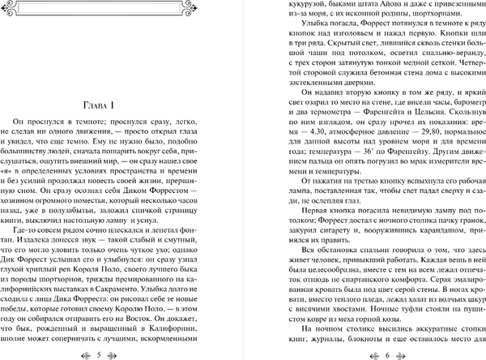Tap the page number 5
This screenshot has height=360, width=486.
(121, 354)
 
